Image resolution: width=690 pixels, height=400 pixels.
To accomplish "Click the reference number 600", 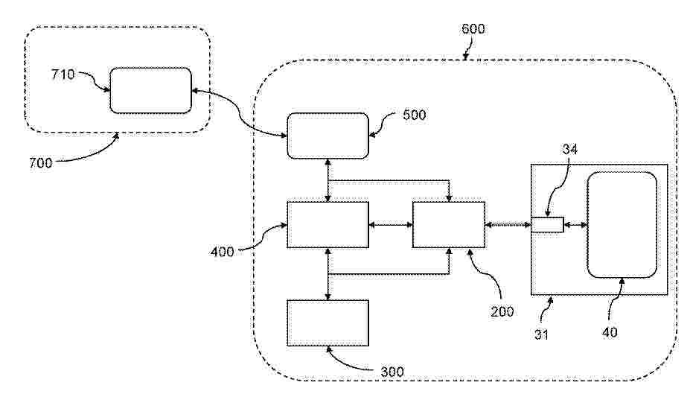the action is (x=473, y=29).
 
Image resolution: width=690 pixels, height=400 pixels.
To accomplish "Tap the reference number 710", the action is (x=63, y=74).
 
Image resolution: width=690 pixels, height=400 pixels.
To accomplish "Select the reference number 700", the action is (x=40, y=163).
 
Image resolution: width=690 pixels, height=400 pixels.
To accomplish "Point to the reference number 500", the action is (x=415, y=115).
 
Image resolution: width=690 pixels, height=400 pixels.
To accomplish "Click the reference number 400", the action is (x=223, y=253).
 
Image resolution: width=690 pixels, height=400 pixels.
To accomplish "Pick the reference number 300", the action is (x=392, y=372).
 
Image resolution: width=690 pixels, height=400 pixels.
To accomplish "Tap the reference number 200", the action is (x=502, y=312).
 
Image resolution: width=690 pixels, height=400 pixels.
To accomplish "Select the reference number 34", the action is (x=570, y=150).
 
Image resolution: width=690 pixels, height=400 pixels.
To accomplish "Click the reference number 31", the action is (x=541, y=334).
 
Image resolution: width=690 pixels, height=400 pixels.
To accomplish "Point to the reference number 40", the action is (x=610, y=332).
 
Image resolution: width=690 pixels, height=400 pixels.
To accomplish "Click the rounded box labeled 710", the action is (x=150, y=90).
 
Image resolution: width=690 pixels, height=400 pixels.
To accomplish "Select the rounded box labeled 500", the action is (x=328, y=136).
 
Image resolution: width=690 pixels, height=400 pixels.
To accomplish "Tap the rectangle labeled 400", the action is (x=328, y=225).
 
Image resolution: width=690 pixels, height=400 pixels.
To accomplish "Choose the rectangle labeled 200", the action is (x=449, y=225).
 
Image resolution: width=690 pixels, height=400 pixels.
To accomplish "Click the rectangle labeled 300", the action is (x=328, y=323).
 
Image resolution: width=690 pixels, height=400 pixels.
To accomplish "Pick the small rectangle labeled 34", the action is (x=547, y=225).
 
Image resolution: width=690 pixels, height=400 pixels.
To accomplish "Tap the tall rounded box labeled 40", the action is (x=622, y=225).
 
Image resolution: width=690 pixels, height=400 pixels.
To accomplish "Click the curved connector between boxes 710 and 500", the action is (x=240, y=114).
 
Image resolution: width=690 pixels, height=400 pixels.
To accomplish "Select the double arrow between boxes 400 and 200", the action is (x=391, y=225).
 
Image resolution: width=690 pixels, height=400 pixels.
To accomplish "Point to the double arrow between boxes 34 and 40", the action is (x=575, y=225).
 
